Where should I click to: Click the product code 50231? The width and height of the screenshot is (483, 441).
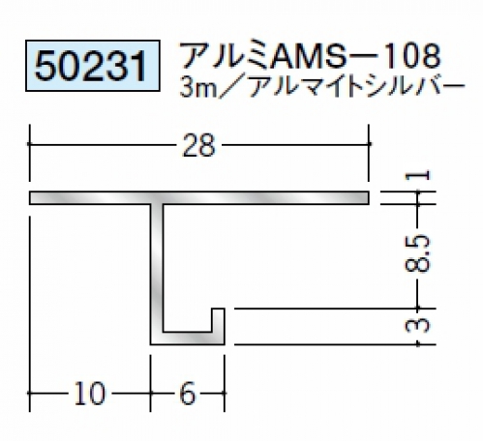pyautogui.click(x=91, y=66)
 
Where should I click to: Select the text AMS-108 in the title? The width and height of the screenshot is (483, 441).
pyautogui.click(x=356, y=55)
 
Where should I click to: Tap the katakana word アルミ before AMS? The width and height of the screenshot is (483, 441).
pyautogui.click(x=226, y=55)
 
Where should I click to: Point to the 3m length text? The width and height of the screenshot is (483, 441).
pyautogui.click(x=198, y=86)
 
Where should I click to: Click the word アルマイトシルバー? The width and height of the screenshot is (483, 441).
pyautogui.click(x=356, y=86)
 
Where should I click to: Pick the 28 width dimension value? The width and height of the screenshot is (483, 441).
pyautogui.click(x=198, y=146)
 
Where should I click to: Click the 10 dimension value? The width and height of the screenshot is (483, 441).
pyautogui.click(x=89, y=393)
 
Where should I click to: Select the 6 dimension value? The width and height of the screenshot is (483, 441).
pyautogui.click(x=188, y=393)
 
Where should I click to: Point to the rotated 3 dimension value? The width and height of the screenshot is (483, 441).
pyautogui.click(x=417, y=325)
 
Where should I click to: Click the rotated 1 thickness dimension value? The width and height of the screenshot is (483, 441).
pyautogui.click(x=417, y=175)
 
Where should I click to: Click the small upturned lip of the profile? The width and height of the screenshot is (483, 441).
pyautogui.click(x=218, y=320)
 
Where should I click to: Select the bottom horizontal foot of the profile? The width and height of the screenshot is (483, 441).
pyautogui.click(x=188, y=338)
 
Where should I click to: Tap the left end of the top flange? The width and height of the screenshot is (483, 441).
pyautogui.click(x=30, y=198)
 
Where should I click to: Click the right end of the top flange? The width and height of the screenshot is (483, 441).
pyautogui.click(x=369, y=198)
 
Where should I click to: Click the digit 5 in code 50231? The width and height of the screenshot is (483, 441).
pyautogui.click(x=45, y=67)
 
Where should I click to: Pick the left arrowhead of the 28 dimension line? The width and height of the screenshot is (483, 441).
pyautogui.click(x=31, y=144)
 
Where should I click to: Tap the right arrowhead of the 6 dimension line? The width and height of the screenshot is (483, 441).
pyautogui.click(x=223, y=393)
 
